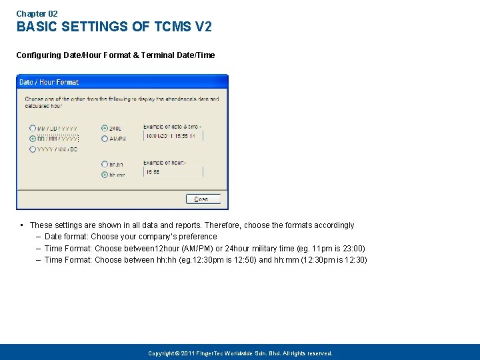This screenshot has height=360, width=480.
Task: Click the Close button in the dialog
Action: pos(201,199)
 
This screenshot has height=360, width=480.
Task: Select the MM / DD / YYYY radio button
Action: pos(33,128)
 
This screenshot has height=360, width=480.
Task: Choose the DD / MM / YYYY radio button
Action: pos(33,139)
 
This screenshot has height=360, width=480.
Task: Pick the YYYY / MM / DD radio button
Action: pos(33,149)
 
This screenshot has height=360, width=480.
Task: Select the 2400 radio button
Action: pos(105,128)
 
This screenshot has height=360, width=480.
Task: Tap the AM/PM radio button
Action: pos(105,139)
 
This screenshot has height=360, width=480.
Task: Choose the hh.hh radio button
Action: pos(105,164)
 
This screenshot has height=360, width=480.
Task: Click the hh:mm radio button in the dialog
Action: pos(105,175)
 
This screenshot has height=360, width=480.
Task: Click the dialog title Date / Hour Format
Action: pos(49,82)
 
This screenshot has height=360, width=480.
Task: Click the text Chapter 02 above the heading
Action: pos(37,13)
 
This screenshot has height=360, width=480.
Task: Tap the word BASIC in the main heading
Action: pos(35,27)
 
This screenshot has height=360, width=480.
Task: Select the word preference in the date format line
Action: pos(198,237)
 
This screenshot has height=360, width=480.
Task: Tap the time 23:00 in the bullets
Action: pos(353,249)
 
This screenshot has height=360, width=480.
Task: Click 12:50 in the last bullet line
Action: pos(224,260)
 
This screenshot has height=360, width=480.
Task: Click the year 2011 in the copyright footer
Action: pos(188,353)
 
